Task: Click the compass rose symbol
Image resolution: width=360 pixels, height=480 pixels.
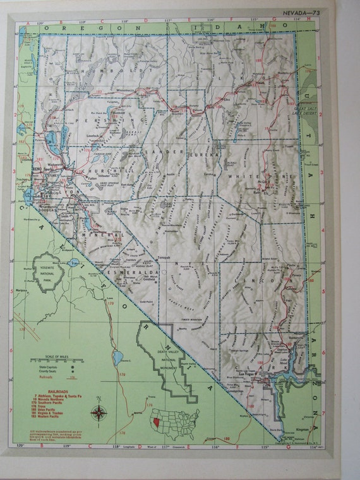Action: [99, 414]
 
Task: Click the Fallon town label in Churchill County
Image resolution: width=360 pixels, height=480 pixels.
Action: [94, 181]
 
